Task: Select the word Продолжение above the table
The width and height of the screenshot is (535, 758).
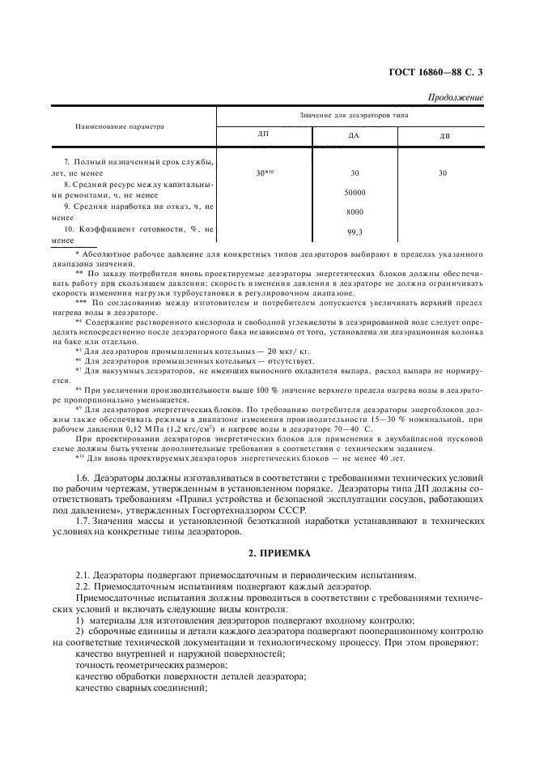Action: pos(456,98)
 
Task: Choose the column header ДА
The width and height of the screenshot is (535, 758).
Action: pos(354,136)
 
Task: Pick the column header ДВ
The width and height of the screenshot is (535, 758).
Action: pos(444,136)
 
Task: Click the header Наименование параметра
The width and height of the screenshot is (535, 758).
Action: pos(119,126)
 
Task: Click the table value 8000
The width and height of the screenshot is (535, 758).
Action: pos(355,212)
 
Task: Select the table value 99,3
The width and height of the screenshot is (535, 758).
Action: pos(355,232)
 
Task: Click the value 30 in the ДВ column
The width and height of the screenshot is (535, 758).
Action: pos(443,172)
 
